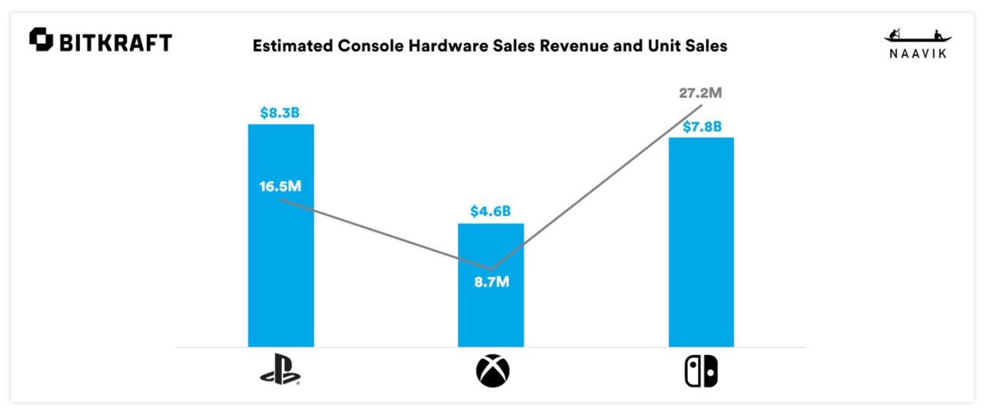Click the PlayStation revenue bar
tap(281, 269)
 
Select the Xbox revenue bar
tap(490, 315)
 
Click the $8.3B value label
tap(281, 113)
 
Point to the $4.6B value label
tap(490, 211)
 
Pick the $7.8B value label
tap(702, 126)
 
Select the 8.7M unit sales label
tap(491, 281)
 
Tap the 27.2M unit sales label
tap(701, 93)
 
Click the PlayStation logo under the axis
tap(281, 372)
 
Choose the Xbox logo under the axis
tap(492, 372)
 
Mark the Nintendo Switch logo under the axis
tap(701, 372)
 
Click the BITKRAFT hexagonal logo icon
tap(41, 40)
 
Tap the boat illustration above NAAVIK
tap(918, 36)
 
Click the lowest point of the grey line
tap(490, 268)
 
